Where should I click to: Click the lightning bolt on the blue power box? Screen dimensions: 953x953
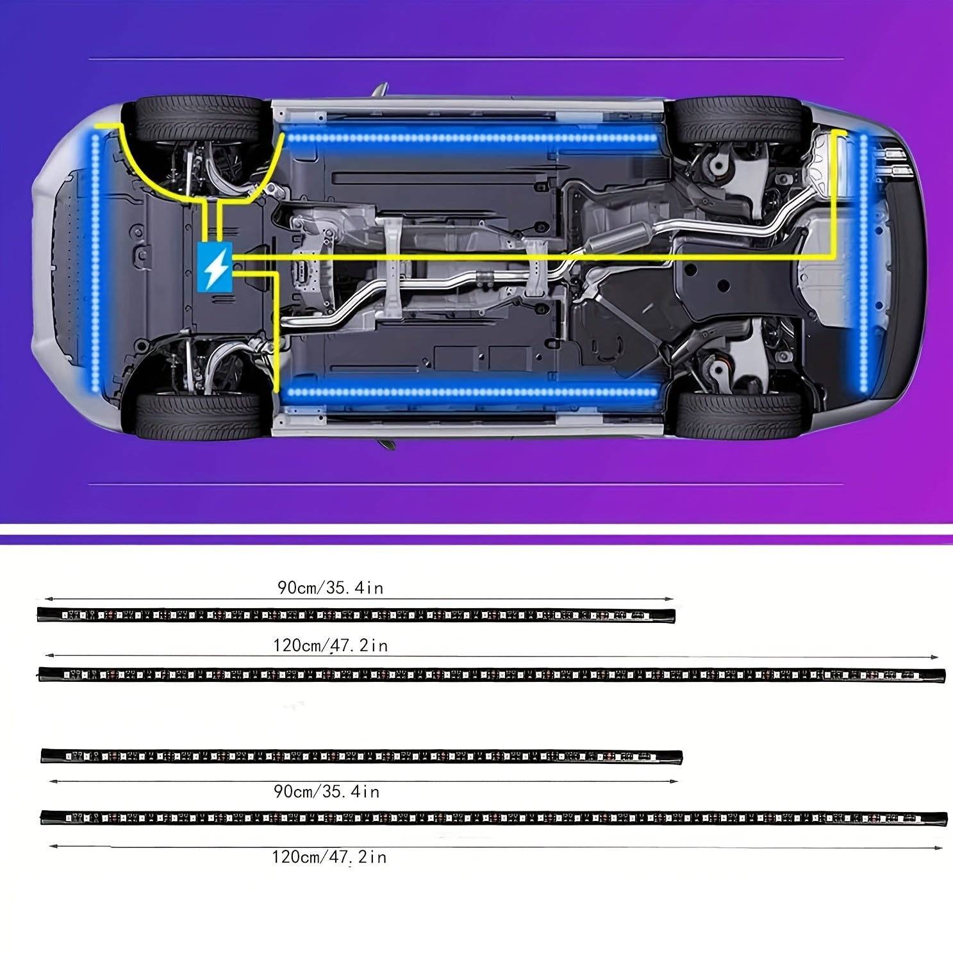click(x=215, y=267)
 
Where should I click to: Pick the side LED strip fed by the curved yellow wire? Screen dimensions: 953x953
click(x=472, y=137)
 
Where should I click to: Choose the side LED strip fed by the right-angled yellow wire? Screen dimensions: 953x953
click(x=470, y=392)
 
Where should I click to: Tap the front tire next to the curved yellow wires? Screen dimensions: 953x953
click(x=199, y=120)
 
